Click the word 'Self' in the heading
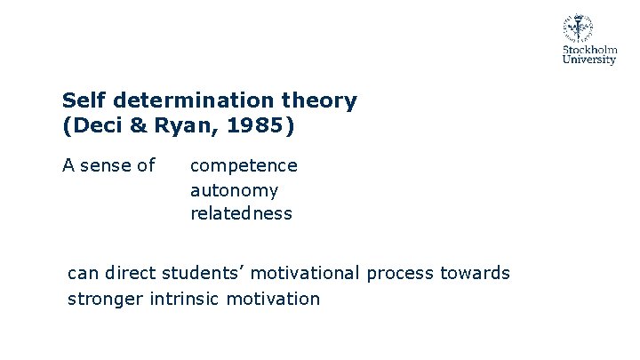tap(80, 100)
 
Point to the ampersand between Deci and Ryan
tap(140, 126)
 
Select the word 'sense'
tap(108, 165)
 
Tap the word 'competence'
tap(244, 165)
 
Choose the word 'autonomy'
tap(234, 190)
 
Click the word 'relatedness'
tap(241, 214)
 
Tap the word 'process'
tap(400, 273)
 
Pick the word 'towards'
tap(476, 273)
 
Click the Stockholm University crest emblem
tap(578, 29)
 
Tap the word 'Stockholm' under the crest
tap(589, 51)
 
